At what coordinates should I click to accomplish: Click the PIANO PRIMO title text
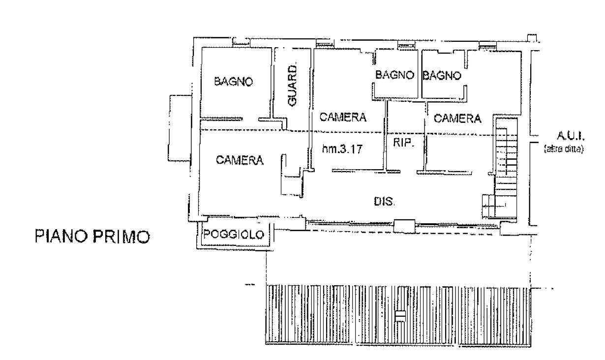point(92,237)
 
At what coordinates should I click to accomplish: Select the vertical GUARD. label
point(293,85)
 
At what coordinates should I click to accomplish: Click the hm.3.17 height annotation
point(342,149)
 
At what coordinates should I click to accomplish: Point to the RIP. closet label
point(403,142)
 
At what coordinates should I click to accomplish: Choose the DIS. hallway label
point(384,202)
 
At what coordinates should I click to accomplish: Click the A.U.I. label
point(571,136)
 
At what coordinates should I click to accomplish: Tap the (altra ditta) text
point(564,149)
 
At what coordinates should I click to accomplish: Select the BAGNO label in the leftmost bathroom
point(234,81)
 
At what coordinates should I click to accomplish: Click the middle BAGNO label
point(395,75)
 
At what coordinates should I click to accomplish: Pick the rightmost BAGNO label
point(442,75)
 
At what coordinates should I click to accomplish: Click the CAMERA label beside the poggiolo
point(240,160)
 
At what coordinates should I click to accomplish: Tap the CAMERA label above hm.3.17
point(343,117)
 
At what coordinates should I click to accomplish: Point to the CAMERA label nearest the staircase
point(457,119)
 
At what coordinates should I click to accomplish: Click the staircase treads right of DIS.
point(506,167)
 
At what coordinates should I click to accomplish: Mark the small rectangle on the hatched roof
point(400,316)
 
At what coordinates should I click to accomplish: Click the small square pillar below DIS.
point(404,226)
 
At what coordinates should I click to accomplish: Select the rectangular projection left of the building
point(180,128)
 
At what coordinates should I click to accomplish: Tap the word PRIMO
point(121,237)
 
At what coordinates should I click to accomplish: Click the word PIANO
point(61,237)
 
